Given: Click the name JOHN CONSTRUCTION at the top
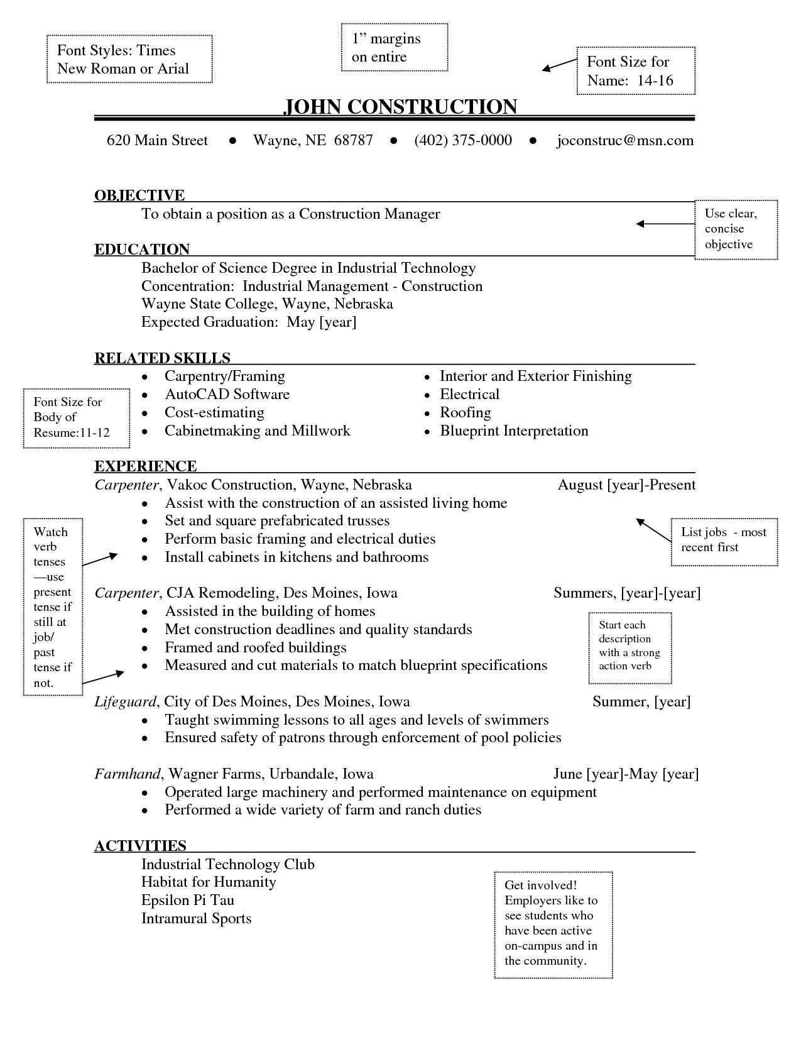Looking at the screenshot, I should (x=400, y=107).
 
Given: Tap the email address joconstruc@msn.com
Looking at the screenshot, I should (x=625, y=140).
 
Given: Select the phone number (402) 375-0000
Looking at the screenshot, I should (x=463, y=140).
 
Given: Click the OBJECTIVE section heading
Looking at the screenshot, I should (x=139, y=195).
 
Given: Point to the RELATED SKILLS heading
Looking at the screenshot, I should (x=162, y=358).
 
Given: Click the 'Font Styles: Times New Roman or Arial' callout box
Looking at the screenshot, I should (x=129, y=60).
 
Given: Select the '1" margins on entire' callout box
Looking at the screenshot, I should (x=394, y=48).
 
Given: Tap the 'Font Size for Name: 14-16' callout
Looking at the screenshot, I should (x=635, y=70).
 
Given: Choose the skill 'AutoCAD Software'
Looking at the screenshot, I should (x=227, y=395).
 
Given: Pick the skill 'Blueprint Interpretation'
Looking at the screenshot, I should (x=514, y=431).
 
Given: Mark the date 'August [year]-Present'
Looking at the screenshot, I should (x=626, y=485).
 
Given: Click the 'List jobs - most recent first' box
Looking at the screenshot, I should (x=724, y=540).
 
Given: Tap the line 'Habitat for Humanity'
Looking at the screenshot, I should (x=209, y=882).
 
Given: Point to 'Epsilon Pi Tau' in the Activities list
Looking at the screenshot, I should (x=188, y=901).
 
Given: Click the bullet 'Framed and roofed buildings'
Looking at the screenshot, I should (x=255, y=648).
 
